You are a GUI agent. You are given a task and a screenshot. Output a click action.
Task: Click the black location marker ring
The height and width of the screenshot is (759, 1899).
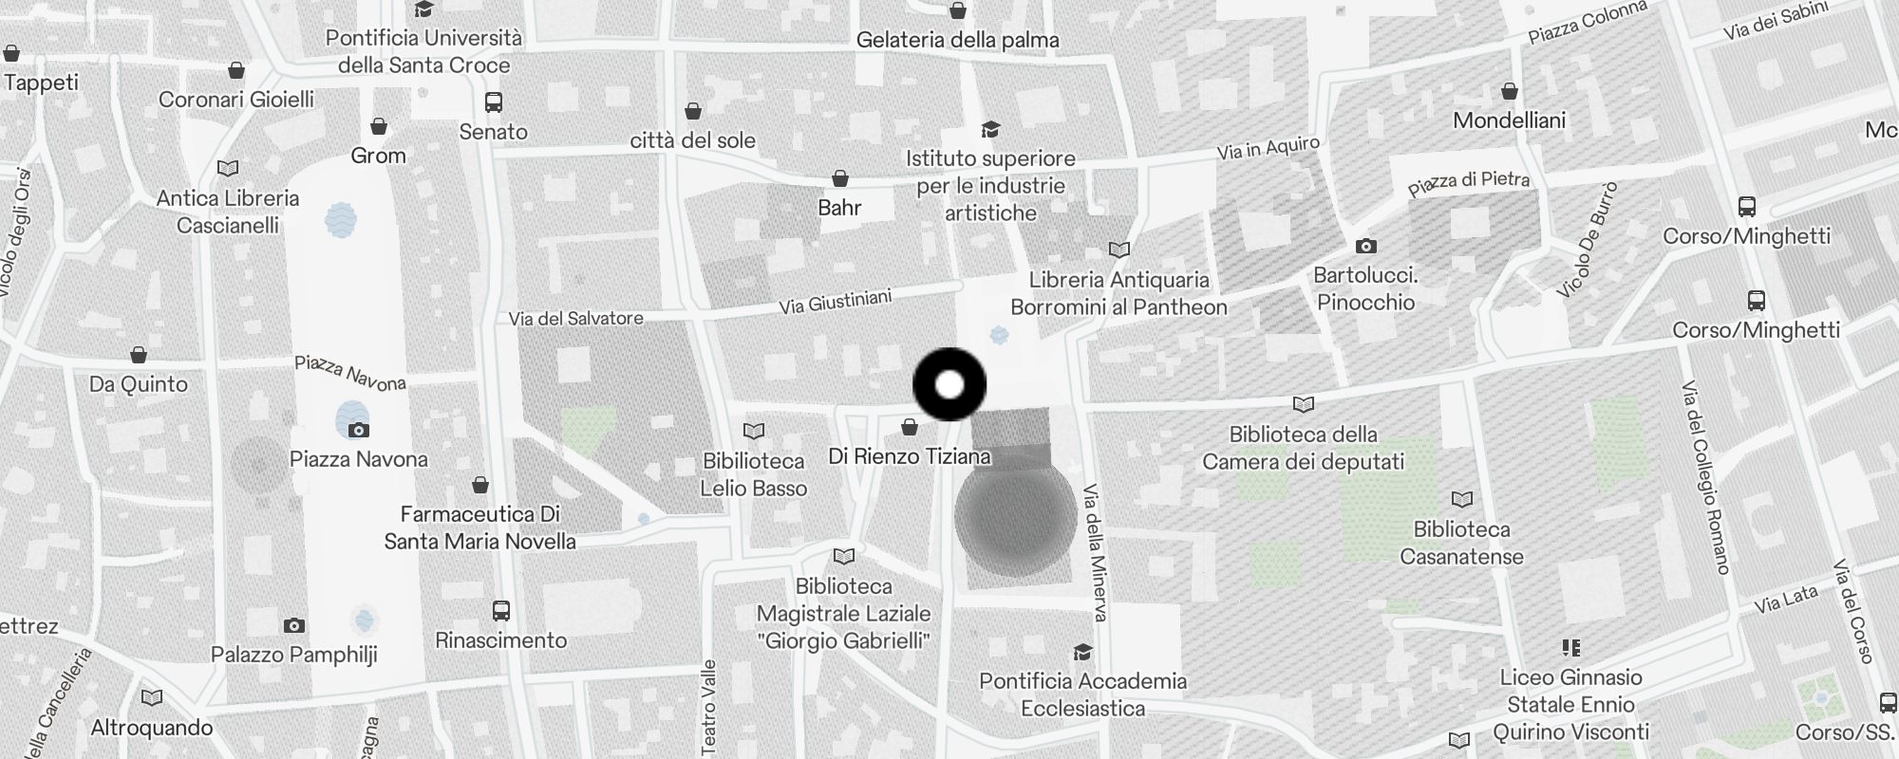[949, 384]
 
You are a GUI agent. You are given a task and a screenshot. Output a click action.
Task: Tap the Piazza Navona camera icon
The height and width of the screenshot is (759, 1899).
[358, 430]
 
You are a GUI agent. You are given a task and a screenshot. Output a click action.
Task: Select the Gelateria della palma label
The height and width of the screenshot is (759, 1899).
[957, 40]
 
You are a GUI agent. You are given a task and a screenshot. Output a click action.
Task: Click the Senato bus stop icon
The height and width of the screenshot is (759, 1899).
[493, 102]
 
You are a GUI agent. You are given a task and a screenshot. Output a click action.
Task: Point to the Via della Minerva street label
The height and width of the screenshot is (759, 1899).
[1095, 553]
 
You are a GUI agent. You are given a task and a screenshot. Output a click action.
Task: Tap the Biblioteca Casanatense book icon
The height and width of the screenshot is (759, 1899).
[1461, 499]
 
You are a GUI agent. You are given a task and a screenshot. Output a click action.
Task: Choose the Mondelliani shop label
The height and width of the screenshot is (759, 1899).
[1509, 120]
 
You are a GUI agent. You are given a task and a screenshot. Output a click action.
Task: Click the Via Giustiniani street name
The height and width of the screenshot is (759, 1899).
[835, 302]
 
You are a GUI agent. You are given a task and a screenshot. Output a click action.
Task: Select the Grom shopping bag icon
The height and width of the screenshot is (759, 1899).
[378, 126]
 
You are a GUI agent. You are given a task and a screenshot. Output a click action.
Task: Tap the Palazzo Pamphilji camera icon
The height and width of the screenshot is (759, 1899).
[294, 625]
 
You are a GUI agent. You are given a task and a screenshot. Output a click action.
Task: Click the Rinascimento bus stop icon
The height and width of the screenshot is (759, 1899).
[500, 611]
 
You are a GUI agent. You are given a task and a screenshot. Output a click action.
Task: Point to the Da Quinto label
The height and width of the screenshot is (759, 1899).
[139, 384]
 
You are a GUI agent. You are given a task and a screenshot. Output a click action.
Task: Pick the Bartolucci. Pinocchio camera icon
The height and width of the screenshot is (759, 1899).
[1365, 246]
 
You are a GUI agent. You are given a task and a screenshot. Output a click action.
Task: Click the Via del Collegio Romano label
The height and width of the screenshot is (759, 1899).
[1706, 476]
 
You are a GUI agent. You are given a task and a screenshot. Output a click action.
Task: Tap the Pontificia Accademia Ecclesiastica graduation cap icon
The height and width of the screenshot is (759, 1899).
[1081, 652]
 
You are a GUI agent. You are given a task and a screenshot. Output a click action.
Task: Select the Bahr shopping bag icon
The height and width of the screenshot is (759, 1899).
[839, 178]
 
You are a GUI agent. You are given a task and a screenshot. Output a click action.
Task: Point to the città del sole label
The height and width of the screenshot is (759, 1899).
[693, 140]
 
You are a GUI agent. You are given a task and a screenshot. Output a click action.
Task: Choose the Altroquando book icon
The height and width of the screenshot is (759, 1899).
[151, 698]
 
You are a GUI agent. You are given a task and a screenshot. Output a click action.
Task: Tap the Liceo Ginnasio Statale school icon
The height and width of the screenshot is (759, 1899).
[1570, 648]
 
